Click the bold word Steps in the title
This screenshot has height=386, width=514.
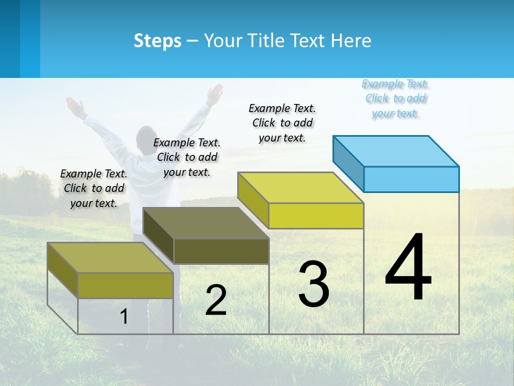pos(157,41)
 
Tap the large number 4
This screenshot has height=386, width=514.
pos(409,268)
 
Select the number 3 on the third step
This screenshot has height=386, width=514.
pos(314,284)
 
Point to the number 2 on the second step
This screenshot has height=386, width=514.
pos(216,300)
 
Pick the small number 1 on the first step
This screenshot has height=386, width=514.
pos(124,316)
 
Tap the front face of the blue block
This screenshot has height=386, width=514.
pos(411,179)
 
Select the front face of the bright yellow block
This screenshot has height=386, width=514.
pos(316,216)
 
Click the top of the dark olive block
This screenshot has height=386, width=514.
pos(206,223)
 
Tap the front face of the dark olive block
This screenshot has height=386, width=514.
pos(221,251)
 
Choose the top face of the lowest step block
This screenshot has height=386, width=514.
pos(110,257)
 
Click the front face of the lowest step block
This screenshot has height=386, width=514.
pos(125,285)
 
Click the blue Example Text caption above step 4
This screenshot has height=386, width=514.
pos(396,99)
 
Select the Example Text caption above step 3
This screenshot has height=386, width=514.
pos(283,123)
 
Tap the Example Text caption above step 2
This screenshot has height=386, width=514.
pos(187,157)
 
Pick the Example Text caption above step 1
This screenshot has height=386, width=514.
pos(94,188)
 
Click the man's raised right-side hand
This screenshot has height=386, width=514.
pos(215,94)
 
